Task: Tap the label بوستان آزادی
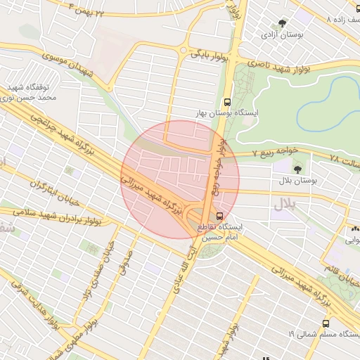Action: click(x=282, y=34)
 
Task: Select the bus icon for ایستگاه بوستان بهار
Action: click(x=226, y=101)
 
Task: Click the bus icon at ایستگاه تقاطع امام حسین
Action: click(x=219, y=215)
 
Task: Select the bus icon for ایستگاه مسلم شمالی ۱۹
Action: click(x=325, y=323)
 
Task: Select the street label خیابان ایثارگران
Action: click(x=57, y=193)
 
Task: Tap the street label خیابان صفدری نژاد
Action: click(x=98, y=271)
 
